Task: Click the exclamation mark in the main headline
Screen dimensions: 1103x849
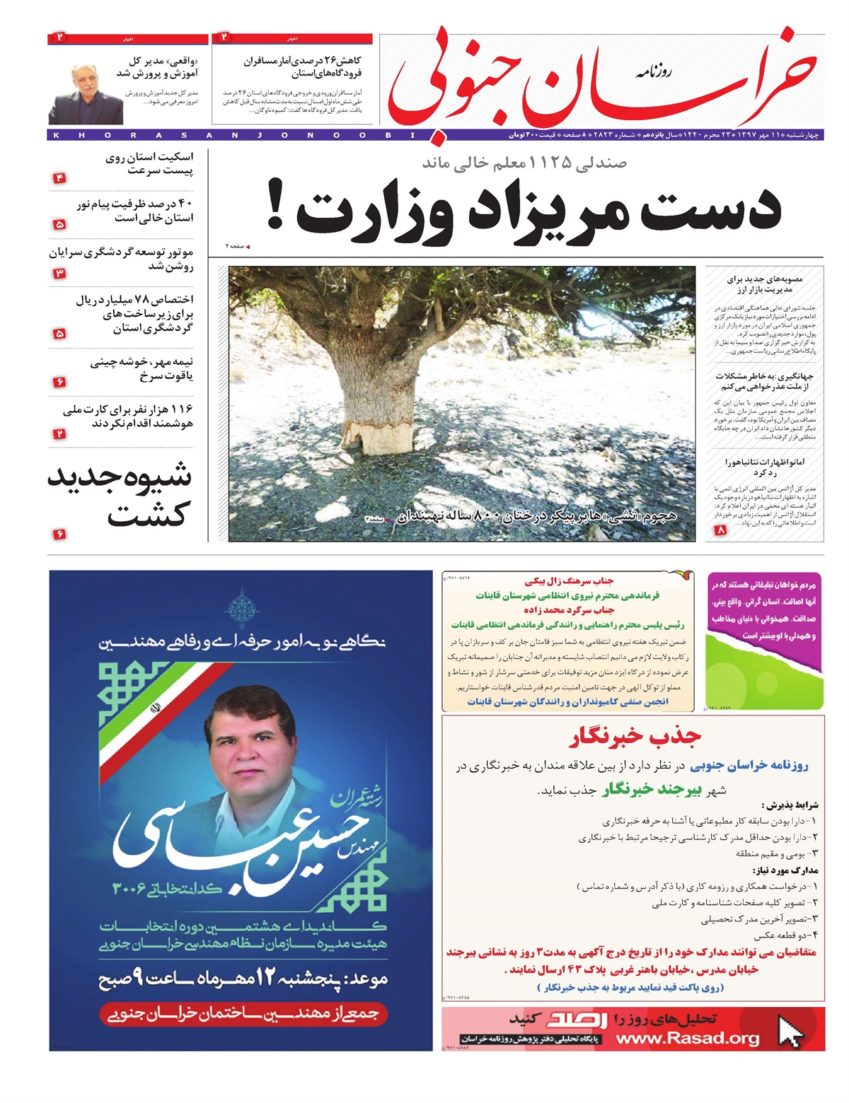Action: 275,206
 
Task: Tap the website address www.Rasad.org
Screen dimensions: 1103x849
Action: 687,1038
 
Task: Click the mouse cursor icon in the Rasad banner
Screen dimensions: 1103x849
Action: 790,1030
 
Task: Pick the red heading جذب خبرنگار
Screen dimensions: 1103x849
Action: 635,737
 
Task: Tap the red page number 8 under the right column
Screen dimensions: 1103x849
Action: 721,530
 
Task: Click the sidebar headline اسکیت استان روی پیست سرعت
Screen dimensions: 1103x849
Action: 149,163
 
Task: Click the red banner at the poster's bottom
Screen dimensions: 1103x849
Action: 243,1013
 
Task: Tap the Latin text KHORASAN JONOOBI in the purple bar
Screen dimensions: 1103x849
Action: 233,135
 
